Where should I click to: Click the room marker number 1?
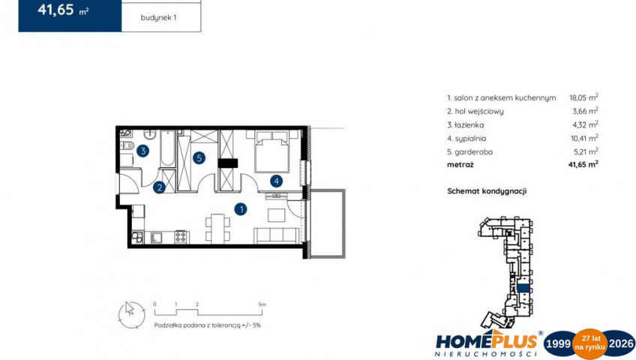click(241, 209)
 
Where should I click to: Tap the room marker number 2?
click(160, 187)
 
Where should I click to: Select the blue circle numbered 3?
click(142, 151)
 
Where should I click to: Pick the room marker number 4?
click(276, 181)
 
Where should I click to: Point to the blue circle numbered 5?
click(199, 157)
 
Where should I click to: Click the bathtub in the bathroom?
click(167, 148)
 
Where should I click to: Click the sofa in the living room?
click(277, 236)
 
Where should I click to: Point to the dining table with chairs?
click(217, 228)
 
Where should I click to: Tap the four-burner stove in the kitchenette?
click(181, 237)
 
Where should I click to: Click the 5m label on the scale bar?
click(262, 304)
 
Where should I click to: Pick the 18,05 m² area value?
click(583, 97)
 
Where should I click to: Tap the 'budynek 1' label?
click(158, 18)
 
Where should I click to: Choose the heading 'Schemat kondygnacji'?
click(487, 191)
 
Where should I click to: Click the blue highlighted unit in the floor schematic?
click(523, 288)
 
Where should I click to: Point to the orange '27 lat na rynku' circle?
click(590, 344)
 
